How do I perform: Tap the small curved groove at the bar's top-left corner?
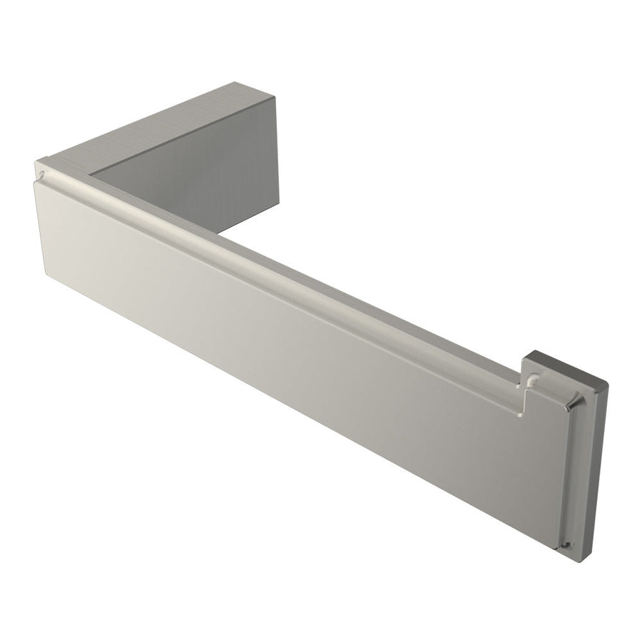pyautogui.click(x=44, y=173)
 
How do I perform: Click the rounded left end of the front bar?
pyautogui.click(x=39, y=214)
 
